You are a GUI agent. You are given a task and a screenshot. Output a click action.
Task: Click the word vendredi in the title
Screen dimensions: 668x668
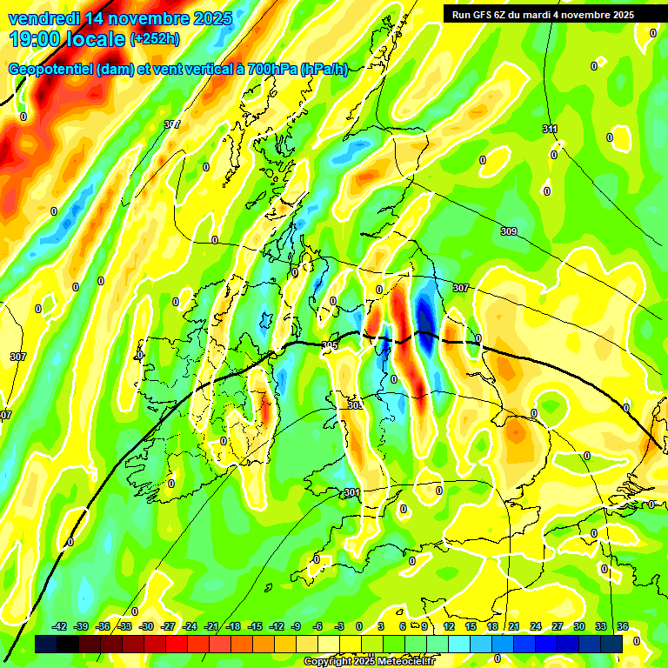pyautogui.click(x=43, y=18)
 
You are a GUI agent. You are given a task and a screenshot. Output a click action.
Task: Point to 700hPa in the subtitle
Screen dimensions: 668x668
pyautogui.click(x=271, y=70)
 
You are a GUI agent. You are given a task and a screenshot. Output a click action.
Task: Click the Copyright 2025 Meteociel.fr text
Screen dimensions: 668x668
pyautogui.click(x=370, y=662)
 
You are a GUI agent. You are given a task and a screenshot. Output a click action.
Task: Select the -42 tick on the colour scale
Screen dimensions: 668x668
pyautogui.click(x=59, y=627)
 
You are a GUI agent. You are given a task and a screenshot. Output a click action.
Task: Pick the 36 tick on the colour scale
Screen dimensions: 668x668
pyautogui.click(x=622, y=627)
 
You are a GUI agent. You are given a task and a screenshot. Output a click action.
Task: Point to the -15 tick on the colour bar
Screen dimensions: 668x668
pyautogui.click(x=255, y=627)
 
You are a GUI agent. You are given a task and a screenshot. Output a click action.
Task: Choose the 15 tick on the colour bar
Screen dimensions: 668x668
pyautogui.click(x=471, y=627)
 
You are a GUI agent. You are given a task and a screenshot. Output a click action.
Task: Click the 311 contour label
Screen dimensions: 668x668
pyautogui.click(x=550, y=130)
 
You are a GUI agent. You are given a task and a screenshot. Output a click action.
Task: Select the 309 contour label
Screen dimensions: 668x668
pyautogui.click(x=509, y=231)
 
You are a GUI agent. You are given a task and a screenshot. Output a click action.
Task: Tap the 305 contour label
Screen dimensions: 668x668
pyautogui.click(x=329, y=346)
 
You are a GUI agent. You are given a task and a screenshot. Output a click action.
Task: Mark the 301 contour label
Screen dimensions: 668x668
pyautogui.click(x=351, y=493)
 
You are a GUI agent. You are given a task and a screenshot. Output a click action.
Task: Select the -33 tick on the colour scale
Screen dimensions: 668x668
pyautogui.click(x=124, y=627)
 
